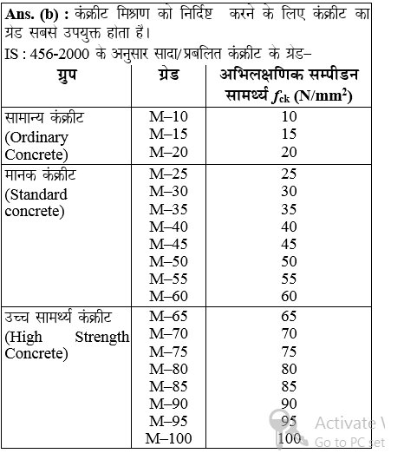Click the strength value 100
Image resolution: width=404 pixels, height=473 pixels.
tap(290, 437)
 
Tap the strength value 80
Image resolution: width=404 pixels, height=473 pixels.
tap(289, 368)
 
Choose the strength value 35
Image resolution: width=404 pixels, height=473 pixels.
tap(289, 208)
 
